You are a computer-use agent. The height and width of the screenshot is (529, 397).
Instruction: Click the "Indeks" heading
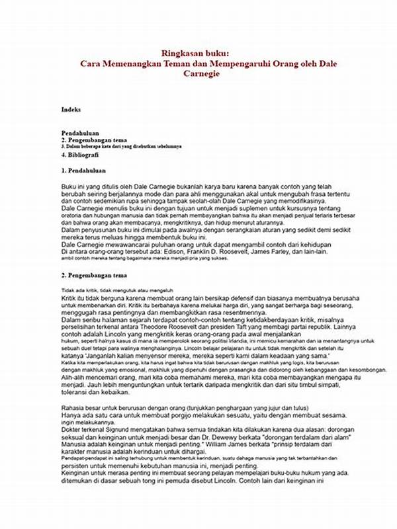point(71,109)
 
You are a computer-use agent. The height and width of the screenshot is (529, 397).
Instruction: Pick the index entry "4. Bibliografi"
point(80,154)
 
